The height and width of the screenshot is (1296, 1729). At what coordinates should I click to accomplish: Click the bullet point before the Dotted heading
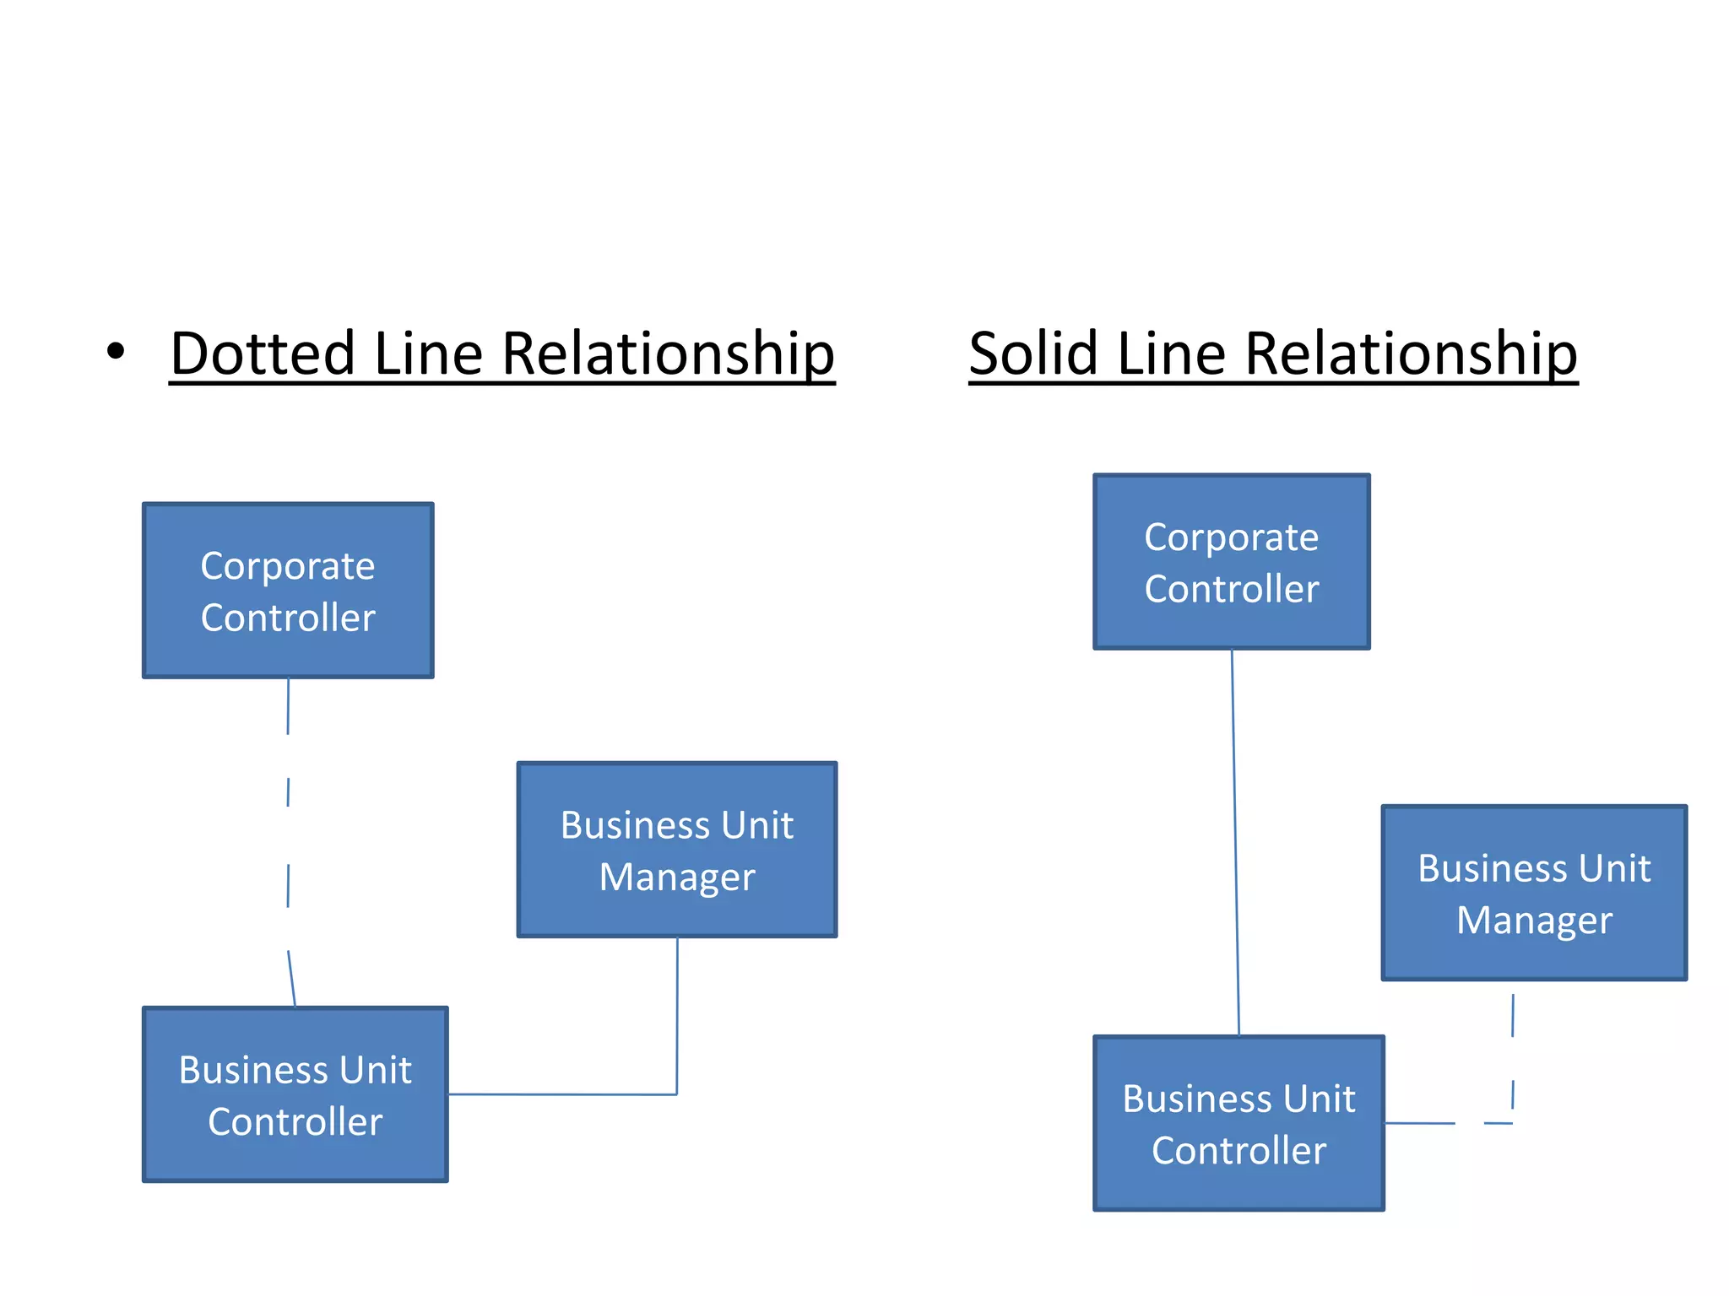pyautogui.click(x=116, y=351)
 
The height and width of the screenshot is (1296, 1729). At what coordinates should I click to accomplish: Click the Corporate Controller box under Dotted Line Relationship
pyautogui.click(x=288, y=591)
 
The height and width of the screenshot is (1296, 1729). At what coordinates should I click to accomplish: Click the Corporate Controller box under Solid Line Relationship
pyautogui.click(x=1231, y=562)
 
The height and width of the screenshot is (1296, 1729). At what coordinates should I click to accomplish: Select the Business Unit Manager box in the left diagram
pyautogui.click(x=676, y=850)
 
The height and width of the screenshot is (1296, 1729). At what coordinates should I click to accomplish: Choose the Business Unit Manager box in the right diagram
pyautogui.click(x=1533, y=893)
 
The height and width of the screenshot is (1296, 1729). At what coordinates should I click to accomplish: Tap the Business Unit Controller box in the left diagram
pyautogui.click(x=295, y=1094)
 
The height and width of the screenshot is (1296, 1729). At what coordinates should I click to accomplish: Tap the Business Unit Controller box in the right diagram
pyautogui.click(x=1238, y=1123)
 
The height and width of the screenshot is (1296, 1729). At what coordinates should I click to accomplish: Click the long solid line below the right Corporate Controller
pyautogui.click(x=1235, y=844)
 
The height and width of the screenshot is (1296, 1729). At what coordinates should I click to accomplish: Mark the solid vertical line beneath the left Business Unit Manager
pyautogui.click(x=677, y=1012)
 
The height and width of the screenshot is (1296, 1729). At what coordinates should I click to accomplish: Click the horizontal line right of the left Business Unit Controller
pyautogui.click(x=557, y=1094)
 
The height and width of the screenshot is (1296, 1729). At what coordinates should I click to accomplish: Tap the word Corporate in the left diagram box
pyautogui.click(x=287, y=565)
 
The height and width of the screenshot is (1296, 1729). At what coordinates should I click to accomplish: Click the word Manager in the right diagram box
pyautogui.click(x=1534, y=920)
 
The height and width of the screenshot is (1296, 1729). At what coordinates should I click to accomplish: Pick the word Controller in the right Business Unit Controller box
pyautogui.click(x=1238, y=1150)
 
